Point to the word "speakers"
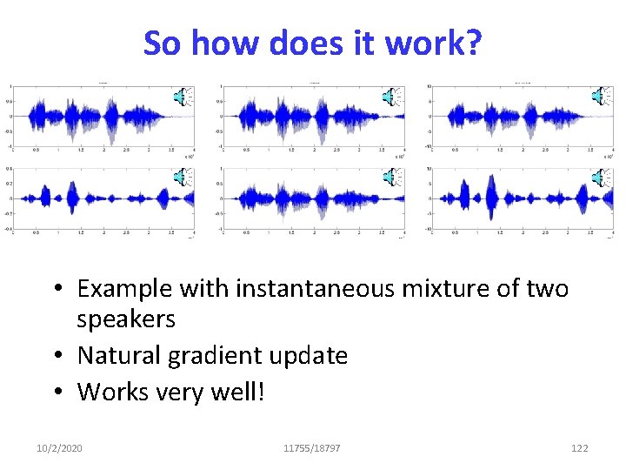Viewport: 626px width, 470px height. tap(126, 319)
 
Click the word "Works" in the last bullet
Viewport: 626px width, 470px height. tap(110, 392)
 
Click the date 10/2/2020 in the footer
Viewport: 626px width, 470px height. tap(60, 448)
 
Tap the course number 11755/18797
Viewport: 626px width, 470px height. tap(312, 448)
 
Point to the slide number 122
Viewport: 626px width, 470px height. tap(579, 448)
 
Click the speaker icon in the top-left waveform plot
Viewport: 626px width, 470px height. tap(181, 97)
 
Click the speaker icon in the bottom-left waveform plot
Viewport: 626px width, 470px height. tap(181, 178)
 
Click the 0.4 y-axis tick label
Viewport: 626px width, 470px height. tap(9, 168)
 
